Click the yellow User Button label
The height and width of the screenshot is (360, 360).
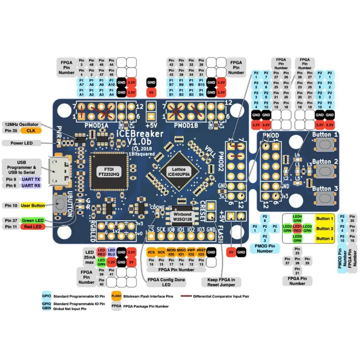pos(33,206)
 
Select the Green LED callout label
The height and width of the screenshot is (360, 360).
pos(32,220)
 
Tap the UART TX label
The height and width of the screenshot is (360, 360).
pos(32,179)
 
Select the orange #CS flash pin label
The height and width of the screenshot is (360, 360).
pos(151,252)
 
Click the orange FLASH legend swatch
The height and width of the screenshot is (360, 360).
pos(116,296)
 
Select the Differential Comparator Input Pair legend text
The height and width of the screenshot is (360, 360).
pos(221,297)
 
